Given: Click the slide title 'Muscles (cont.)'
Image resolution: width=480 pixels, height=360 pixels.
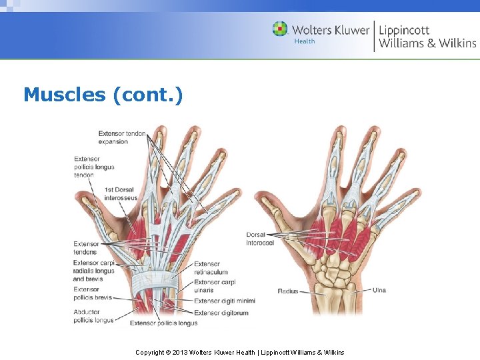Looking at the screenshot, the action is [103, 95].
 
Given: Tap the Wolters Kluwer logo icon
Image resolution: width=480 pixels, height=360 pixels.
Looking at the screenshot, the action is [280, 29].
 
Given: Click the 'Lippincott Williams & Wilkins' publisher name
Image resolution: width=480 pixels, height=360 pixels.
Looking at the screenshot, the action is [427, 36].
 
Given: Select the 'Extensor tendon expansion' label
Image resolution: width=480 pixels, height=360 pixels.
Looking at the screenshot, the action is [122, 137].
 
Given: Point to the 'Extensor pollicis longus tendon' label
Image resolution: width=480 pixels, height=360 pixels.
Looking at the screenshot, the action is [94, 167].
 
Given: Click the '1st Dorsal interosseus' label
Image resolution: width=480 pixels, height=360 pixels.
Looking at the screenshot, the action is [121, 194].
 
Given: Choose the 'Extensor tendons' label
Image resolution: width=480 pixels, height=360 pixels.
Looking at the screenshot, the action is [86, 248].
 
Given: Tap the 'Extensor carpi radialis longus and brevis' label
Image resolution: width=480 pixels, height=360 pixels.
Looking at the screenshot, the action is [94, 271].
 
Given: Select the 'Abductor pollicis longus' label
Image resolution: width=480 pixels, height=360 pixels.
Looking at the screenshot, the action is [93, 317].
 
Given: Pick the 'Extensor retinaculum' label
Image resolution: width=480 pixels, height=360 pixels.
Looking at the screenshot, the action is [211, 268].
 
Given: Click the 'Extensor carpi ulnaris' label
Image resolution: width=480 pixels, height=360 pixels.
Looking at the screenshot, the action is [215, 287].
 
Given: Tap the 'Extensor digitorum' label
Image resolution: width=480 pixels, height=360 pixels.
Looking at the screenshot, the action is [221, 313].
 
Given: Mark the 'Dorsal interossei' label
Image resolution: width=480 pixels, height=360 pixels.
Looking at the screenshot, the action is [260, 239].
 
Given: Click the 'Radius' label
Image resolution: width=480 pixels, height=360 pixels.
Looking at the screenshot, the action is [288, 291].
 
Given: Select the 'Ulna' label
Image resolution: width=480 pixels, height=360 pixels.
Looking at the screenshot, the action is [379, 290].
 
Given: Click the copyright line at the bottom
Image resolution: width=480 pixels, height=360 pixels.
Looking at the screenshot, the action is [240, 352].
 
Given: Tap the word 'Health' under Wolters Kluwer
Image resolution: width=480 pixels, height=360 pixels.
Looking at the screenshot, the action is [305, 41].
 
